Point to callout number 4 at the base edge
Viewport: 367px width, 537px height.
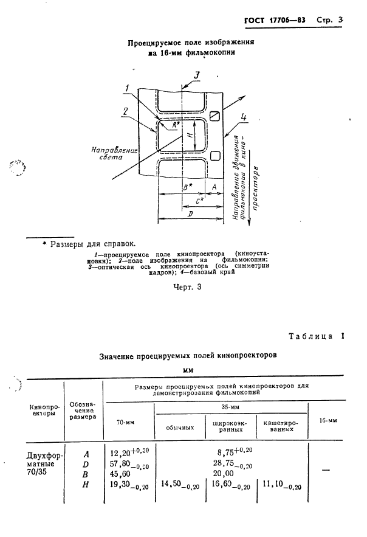244,117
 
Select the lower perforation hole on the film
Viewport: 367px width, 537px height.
214,156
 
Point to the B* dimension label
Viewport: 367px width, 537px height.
188,187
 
